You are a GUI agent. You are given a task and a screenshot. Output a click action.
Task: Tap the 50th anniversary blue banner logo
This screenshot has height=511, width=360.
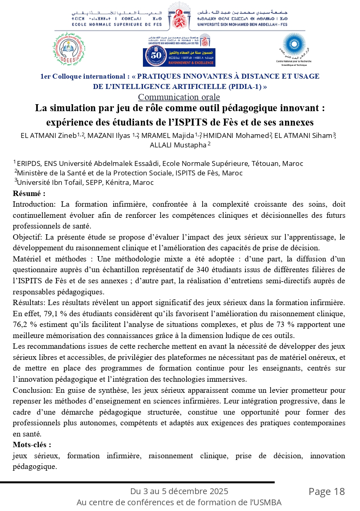[179, 57]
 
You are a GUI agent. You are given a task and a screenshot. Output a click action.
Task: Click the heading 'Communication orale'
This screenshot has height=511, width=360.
[179, 97]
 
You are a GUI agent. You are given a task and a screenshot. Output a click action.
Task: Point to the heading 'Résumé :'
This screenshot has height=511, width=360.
[29, 193]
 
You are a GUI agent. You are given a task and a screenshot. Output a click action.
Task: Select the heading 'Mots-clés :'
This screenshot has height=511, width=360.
[32, 445]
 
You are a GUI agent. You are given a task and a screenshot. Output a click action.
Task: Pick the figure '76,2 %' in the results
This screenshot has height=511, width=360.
[23, 324]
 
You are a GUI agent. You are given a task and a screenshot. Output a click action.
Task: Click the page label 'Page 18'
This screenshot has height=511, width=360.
[327, 491]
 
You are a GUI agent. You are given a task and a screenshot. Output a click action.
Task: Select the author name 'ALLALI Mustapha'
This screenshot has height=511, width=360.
[178, 145]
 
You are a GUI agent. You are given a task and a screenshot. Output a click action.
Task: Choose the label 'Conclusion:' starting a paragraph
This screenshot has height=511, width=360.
[31, 390]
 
